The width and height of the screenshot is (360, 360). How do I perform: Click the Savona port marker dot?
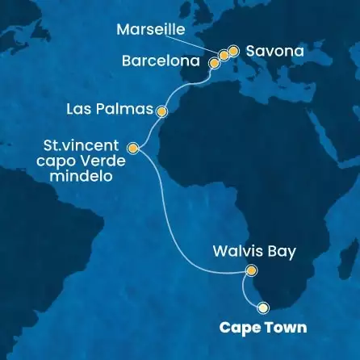coord(233,51)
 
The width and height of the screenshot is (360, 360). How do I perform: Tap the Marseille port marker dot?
coord(224,55)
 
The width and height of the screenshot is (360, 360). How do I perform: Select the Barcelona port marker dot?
coord(214,61)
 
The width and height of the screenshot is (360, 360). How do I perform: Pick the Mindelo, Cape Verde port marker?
coord(133,148)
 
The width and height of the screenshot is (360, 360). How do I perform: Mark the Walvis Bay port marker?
coord(251,271)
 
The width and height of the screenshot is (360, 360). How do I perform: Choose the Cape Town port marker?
coord(262,307)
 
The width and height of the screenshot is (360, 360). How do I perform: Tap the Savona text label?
coord(276,51)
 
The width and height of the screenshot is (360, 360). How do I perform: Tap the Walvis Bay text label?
coord(253,251)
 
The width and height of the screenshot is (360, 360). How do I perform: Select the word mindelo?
coord(90,174)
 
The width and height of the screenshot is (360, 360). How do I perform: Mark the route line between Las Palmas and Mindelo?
coord(148,129)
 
